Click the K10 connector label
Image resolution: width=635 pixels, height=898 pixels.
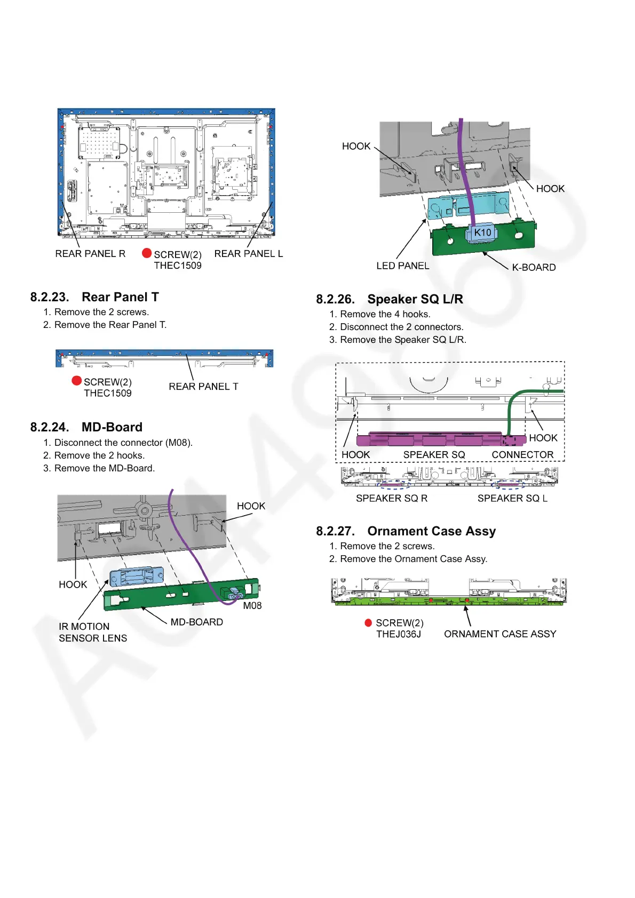(x=482, y=232)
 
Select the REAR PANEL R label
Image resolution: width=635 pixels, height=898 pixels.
(x=90, y=254)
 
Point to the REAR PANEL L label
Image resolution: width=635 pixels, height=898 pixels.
(x=249, y=254)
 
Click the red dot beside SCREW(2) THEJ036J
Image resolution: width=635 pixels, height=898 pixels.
(x=368, y=623)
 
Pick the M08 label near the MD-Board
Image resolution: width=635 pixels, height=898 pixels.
(x=252, y=606)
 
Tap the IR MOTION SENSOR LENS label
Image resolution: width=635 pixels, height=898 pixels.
(x=93, y=632)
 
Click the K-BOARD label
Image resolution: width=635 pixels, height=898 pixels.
(x=534, y=267)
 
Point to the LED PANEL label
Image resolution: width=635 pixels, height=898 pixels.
(x=402, y=266)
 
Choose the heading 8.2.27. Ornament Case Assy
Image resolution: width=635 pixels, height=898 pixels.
(x=406, y=531)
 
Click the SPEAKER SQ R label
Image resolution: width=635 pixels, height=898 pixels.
(x=392, y=498)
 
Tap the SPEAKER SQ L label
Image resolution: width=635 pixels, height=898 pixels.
(x=512, y=498)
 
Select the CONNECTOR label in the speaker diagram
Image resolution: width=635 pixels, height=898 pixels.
(x=522, y=454)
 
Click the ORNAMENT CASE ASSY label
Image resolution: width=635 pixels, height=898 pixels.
(x=500, y=634)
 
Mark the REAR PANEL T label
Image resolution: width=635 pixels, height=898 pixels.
(x=203, y=387)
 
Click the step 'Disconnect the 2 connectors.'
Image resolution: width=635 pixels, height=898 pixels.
(x=402, y=327)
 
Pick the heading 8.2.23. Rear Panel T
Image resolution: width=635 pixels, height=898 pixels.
(x=94, y=297)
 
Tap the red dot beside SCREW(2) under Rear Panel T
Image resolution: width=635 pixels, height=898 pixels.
(x=77, y=381)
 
